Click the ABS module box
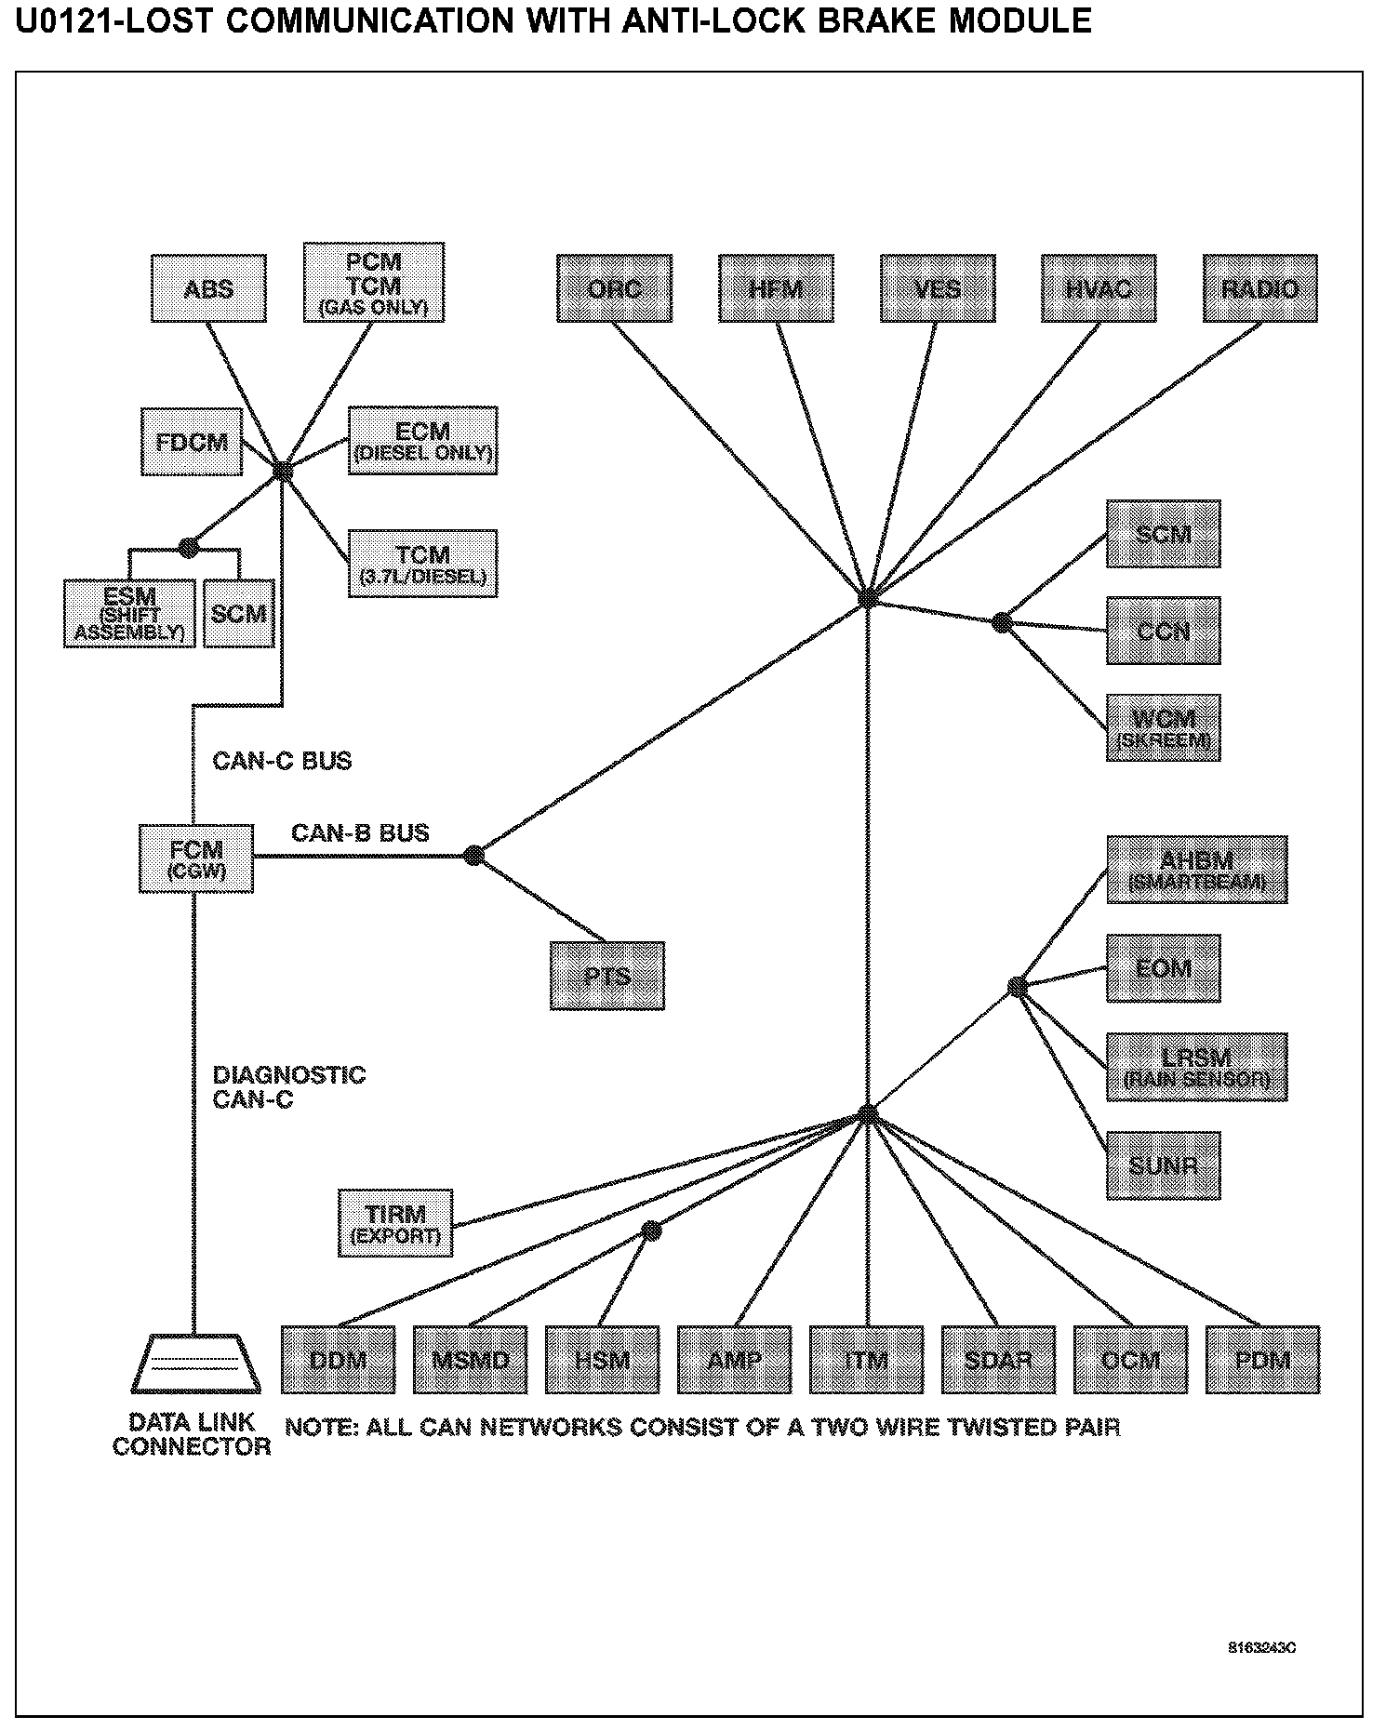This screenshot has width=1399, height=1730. (x=208, y=288)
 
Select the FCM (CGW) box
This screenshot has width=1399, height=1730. (x=196, y=858)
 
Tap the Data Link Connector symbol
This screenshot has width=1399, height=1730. (x=193, y=1364)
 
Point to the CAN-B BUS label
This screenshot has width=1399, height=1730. (x=360, y=832)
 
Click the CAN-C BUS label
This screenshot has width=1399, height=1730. (x=282, y=761)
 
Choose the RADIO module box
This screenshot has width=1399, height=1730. (x=1259, y=288)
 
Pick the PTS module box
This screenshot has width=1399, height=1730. (x=606, y=976)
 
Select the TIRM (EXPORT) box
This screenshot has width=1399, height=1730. (x=395, y=1222)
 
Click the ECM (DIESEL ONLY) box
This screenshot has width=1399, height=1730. (x=422, y=441)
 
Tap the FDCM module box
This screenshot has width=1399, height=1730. (x=191, y=441)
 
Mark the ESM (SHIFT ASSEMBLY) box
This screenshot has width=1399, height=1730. (x=129, y=614)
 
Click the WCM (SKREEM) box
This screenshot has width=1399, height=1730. (x=1163, y=727)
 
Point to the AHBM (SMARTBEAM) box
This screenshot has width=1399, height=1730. (x=1196, y=869)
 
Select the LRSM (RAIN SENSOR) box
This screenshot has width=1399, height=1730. (x=1196, y=1067)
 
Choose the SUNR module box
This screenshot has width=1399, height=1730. (x=1163, y=1165)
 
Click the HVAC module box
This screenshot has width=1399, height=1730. (x=1099, y=288)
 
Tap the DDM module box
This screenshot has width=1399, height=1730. (x=338, y=1360)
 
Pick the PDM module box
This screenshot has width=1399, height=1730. (x=1262, y=1360)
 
